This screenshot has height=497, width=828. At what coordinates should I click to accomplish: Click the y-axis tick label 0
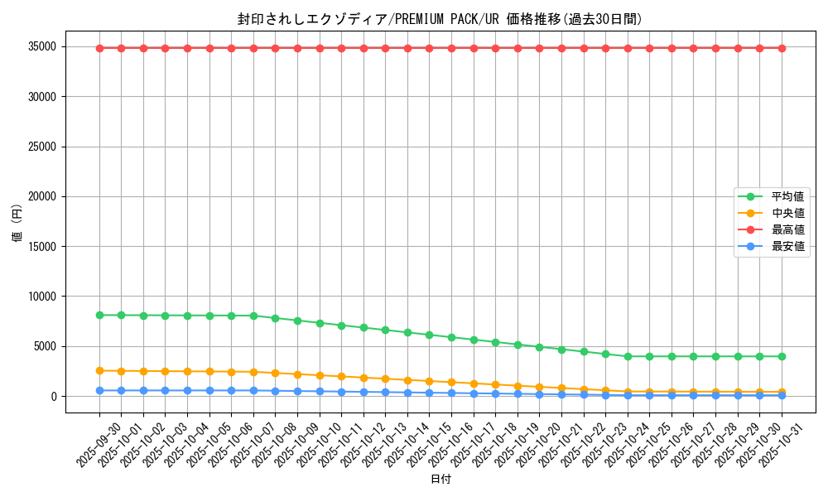(x=54, y=396)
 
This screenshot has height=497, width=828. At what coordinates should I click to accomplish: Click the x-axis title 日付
(x=440, y=480)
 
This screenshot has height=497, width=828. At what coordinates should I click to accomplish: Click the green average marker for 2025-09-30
(x=99, y=315)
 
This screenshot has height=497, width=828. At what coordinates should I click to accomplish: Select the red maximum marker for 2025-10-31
(x=782, y=48)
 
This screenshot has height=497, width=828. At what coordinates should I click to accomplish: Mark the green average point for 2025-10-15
(x=429, y=335)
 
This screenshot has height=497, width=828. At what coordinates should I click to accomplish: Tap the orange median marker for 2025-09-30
(x=99, y=370)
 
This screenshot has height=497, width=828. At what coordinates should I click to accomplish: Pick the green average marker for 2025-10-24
(x=628, y=356)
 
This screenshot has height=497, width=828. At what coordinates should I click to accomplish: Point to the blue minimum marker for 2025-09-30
(x=99, y=390)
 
